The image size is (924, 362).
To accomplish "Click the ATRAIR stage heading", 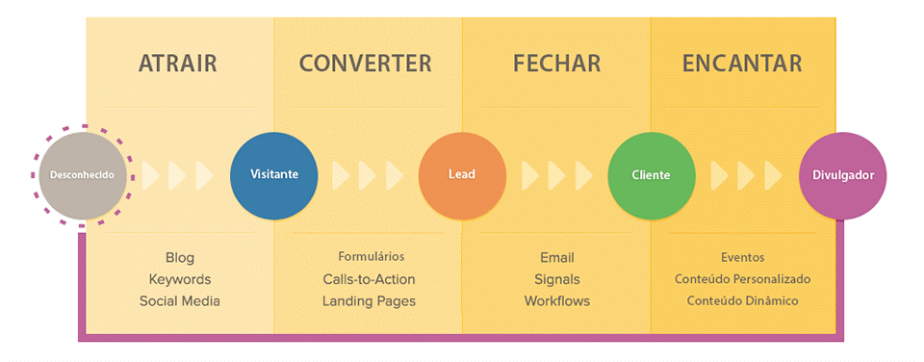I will pyautogui.click(x=178, y=64).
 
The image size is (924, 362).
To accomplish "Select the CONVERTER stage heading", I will pyautogui.click(x=365, y=64).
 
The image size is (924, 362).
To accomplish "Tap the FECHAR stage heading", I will pyautogui.click(x=556, y=64).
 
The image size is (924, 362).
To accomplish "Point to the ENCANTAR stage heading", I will pyautogui.click(x=742, y=64).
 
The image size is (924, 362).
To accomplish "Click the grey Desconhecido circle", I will pyautogui.click(x=83, y=175).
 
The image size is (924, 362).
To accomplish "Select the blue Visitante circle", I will pyautogui.click(x=273, y=175).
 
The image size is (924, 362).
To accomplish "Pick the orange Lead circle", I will pyautogui.click(x=462, y=175).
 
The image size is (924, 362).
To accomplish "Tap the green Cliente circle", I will pyautogui.click(x=651, y=175).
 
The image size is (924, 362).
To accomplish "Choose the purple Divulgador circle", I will pyautogui.click(x=842, y=175).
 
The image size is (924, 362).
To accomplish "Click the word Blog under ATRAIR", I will pyautogui.click(x=179, y=258).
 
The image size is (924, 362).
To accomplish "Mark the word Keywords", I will pyautogui.click(x=179, y=279).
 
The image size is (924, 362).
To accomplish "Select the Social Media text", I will pyautogui.click(x=179, y=300).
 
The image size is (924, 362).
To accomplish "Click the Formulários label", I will pyautogui.click(x=371, y=257).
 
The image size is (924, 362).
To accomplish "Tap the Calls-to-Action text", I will pyautogui.click(x=369, y=279).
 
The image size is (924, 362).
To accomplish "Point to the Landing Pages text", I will pyautogui.click(x=369, y=300).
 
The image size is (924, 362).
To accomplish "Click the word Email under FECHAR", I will pyautogui.click(x=556, y=258).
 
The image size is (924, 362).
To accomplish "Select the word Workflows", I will pyautogui.click(x=556, y=300).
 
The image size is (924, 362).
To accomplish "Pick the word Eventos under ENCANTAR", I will pyautogui.click(x=742, y=258).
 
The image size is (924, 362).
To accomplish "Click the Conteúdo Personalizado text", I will pyautogui.click(x=742, y=279).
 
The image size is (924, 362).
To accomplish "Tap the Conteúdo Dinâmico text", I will pyautogui.click(x=742, y=300).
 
